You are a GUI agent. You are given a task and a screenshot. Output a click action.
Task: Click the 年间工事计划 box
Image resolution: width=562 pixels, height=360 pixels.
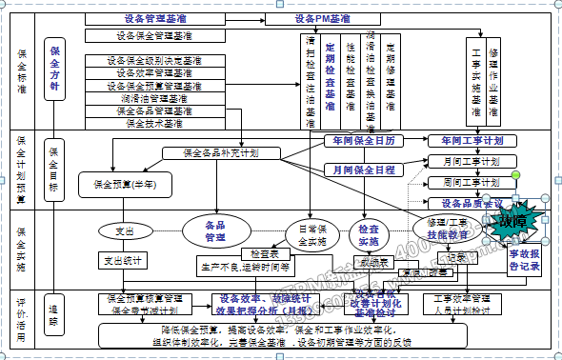pos(472,140)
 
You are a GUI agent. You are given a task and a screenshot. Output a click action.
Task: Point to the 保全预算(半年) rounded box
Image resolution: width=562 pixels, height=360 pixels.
pos(125,184)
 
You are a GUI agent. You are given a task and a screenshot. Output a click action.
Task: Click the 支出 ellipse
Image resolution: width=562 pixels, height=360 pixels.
pos(124,230)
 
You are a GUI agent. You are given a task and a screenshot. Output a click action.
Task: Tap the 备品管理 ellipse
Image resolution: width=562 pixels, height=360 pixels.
pos(215,230)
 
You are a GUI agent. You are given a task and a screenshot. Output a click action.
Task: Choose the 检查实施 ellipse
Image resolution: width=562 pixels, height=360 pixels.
pos(369,234)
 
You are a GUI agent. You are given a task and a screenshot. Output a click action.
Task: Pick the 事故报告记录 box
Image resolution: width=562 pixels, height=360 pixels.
pos(524,260)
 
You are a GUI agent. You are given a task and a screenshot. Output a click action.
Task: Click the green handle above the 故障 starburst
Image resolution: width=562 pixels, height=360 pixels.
pos(515,176)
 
